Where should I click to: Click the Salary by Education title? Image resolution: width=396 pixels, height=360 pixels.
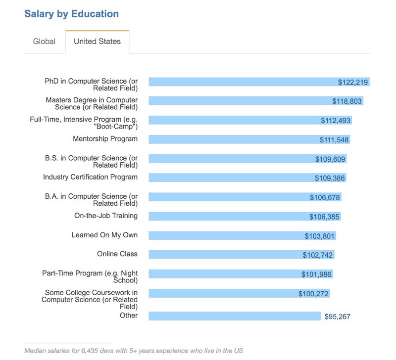tap(71, 14)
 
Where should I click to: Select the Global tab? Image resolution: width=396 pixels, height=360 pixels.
tap(44, 42)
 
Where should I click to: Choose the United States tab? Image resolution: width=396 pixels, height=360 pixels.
tap(97, 42)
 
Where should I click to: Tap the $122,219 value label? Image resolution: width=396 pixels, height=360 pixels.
tap(353, 82)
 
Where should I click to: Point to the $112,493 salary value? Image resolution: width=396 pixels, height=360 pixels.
tap(336, 120)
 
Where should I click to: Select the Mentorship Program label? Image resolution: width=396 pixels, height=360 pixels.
tap(105, 139)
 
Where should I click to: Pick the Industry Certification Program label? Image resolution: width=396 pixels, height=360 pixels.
tap(90, 177)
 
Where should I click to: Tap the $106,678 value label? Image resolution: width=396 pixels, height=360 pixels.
tap(325, 197)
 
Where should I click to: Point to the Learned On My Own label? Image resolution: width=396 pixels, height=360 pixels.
tap(104, 235)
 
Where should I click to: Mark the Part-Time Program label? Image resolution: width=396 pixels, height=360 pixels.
tap(90, 276)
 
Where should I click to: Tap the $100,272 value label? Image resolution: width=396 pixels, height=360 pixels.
tap(313, 294)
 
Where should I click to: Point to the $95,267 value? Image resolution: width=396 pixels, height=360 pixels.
tap(337, 316)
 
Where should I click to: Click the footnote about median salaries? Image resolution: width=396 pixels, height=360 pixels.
tap(134, 351)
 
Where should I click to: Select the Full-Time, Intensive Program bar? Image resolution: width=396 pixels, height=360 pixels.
tap(233, 120)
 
